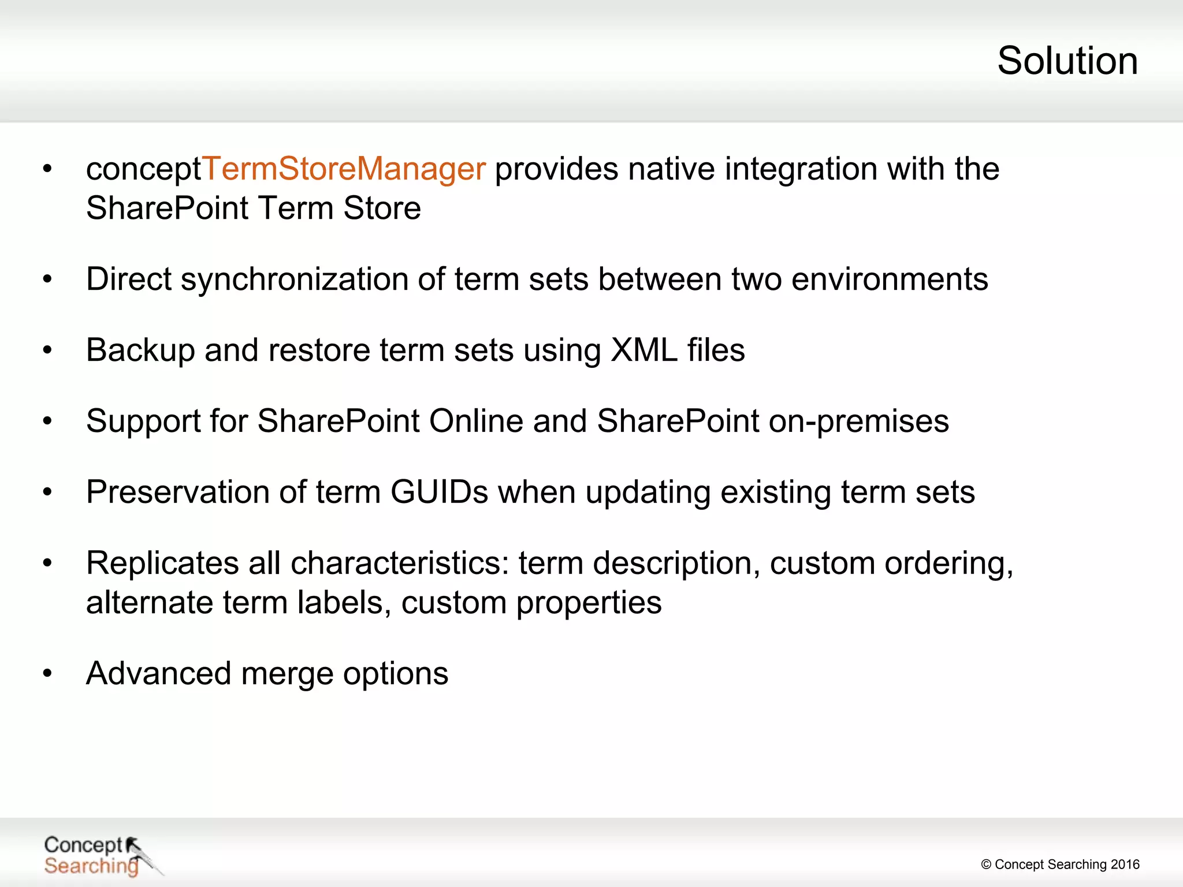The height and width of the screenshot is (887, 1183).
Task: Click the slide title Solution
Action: (x=1067, y=61)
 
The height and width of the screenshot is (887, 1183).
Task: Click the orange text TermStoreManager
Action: (x=344, y=169)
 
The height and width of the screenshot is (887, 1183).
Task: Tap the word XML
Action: (x=643, y=351)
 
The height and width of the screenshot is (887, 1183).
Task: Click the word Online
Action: (x=476, y=421)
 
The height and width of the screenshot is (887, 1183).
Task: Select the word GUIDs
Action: (x=439, y=492)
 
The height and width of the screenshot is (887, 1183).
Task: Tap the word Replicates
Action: (x=162, y=563)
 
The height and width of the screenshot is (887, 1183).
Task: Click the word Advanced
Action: (x=158, y=674)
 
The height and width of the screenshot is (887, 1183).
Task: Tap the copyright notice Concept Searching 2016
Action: (x=1060, y=864)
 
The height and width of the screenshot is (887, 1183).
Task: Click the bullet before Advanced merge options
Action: (x=47, y=673)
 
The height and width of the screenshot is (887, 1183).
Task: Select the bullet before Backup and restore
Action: (x=47, y=351)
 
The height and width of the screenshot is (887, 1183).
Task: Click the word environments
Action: (x=890, y=280)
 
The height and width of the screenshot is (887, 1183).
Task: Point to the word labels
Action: (x=340, y=603)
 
